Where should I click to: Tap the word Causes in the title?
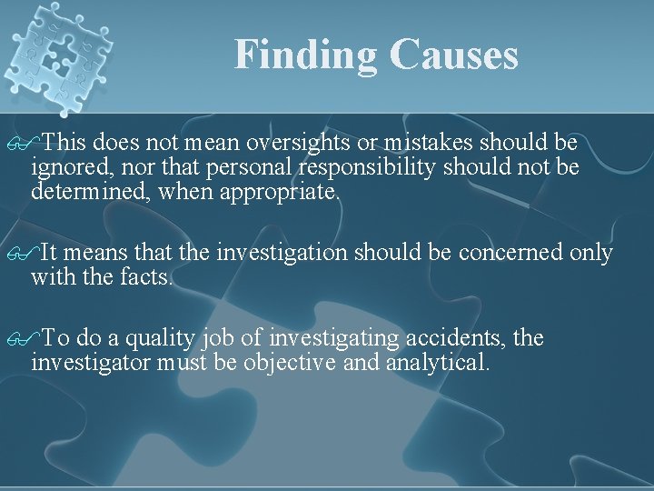click(x=453, y=55)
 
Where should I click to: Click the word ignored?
click(x=65, y=168)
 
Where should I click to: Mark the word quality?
click(x=158, y=338)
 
